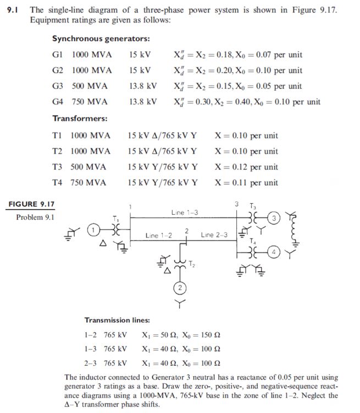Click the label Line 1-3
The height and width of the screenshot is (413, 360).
point(185,212)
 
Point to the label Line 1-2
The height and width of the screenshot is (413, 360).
point(159,235)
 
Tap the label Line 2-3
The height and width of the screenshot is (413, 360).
point(214,235)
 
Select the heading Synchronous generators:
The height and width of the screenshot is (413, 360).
point(101,39)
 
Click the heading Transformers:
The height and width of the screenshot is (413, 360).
point(80,119)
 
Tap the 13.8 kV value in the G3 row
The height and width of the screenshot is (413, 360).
point(143,86)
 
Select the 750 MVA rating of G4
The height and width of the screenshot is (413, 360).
point(90,102)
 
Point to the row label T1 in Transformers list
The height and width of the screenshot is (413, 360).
point(58,136)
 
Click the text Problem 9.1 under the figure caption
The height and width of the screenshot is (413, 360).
point(35,217)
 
